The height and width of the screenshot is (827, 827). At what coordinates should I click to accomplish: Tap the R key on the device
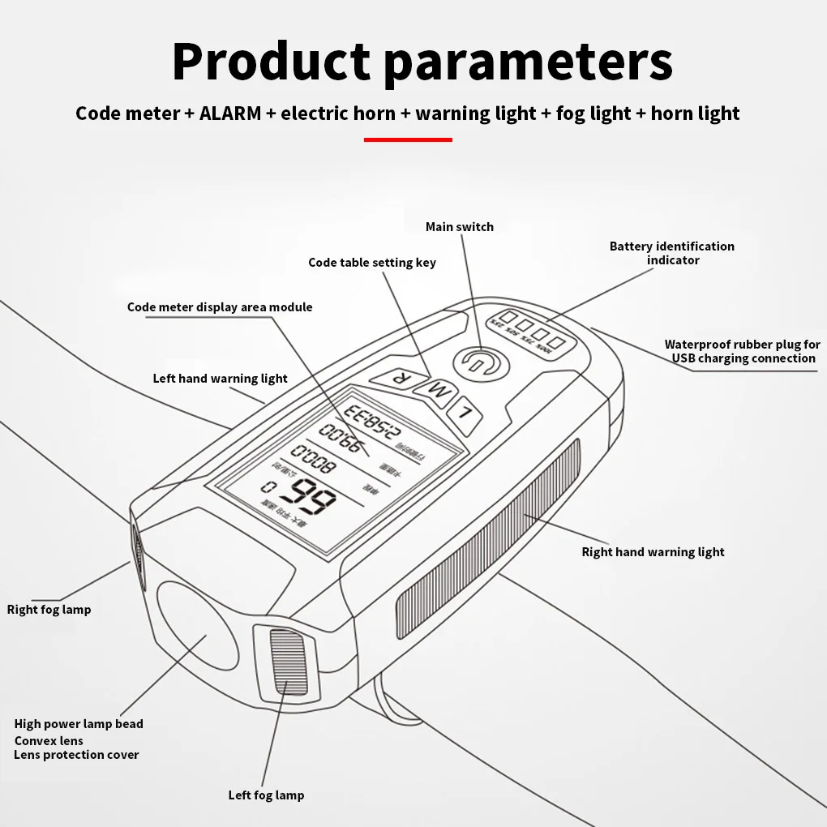(x=396, y=378)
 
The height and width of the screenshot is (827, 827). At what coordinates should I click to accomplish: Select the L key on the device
(x=465, y=411)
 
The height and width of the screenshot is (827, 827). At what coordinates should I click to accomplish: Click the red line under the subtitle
(x=408, y=139)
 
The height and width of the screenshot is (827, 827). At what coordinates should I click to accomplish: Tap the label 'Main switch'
(x=459, y=227)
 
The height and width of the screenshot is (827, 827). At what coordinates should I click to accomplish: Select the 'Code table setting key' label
(x=372, y=263)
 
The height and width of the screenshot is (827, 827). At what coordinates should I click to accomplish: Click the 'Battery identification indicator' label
(x=672, y=253)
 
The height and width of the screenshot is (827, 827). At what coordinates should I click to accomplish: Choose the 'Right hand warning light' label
(x=653, y=552)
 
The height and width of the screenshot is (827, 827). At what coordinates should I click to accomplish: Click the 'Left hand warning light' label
(x=220, y=379)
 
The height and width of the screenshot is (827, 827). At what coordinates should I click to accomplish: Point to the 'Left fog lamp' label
(x=266, y=795)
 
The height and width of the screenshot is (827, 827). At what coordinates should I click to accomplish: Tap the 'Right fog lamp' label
(x=49, y=610)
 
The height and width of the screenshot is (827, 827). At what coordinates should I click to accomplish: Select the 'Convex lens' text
(x=49, y=740)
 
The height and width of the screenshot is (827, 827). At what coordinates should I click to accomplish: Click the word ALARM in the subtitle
(x=230, y=114)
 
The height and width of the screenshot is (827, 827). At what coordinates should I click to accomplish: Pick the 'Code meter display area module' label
(x=220, y=307)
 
